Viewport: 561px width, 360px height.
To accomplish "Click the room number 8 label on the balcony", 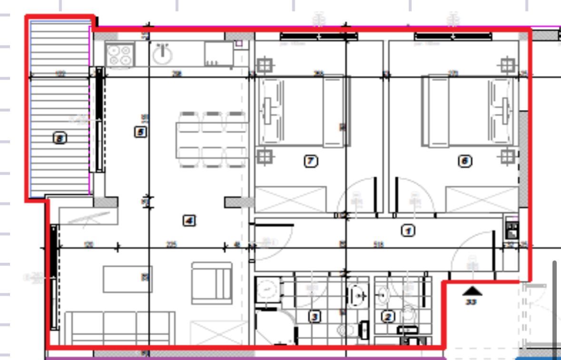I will tap(59, 139).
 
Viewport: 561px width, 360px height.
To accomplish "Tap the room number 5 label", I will tap(140, 132).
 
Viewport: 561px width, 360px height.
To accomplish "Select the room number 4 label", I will tap(189, 220).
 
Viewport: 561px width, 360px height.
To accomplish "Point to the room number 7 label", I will tap(310, 161).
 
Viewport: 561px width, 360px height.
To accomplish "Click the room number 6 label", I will tap(465, 161).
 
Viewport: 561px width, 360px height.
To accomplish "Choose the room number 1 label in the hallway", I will tap(408, 231).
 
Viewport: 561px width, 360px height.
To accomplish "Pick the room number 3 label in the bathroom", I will tap(314, 316).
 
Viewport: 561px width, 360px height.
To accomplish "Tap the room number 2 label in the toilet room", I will tap(388, 316).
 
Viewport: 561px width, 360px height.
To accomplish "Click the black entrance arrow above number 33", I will tap(472, 290).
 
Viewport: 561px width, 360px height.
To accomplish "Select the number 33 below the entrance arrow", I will tap(471, 302).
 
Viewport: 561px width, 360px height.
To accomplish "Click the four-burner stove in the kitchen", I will tap(119, 54).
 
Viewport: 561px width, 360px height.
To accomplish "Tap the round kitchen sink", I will tap(163, 53).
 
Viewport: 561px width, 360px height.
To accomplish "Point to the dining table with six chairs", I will tap(212, 140).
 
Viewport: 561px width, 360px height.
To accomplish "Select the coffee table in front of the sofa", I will tap(128, 279).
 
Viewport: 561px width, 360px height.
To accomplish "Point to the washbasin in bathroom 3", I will tap(358, 295).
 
